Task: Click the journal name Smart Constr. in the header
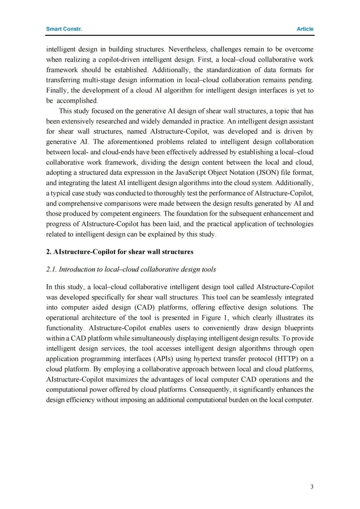coord(64,29)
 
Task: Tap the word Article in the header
coord(305,29)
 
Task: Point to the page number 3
coord(312,487)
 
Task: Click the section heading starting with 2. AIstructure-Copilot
coord(120,252)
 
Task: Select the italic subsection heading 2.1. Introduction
coord(131,269)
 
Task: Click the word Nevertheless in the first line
coord(187,49)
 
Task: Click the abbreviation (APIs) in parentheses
coord(169,359)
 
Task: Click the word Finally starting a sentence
coord(57,90)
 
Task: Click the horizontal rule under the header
coord(180,35)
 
